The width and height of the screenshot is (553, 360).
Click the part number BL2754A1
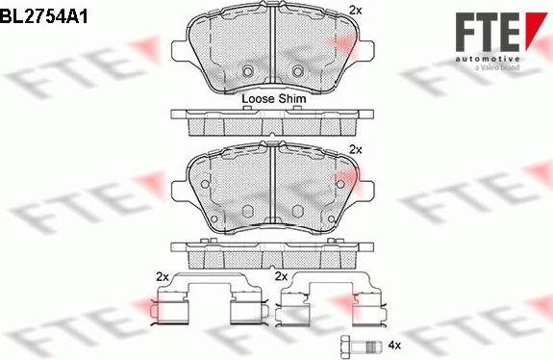tap(43, 15)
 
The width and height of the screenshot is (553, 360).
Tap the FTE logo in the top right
tap(501, 39)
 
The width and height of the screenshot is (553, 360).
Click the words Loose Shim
tap(274, 99)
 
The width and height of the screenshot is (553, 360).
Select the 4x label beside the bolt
tap(394, 345)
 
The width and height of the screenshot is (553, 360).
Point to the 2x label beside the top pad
tap(356, 11)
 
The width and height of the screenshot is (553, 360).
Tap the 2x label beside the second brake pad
tap(356, 149)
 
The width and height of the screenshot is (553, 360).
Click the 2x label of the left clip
tap(163, 277)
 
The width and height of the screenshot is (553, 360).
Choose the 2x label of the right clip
tap(281, 276)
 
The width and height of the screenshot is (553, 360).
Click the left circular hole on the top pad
tap(247, 71)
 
